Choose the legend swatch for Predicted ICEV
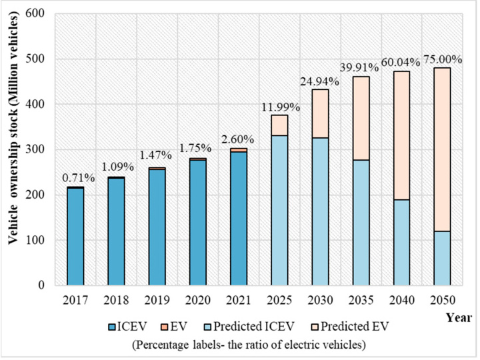point(229,327)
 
